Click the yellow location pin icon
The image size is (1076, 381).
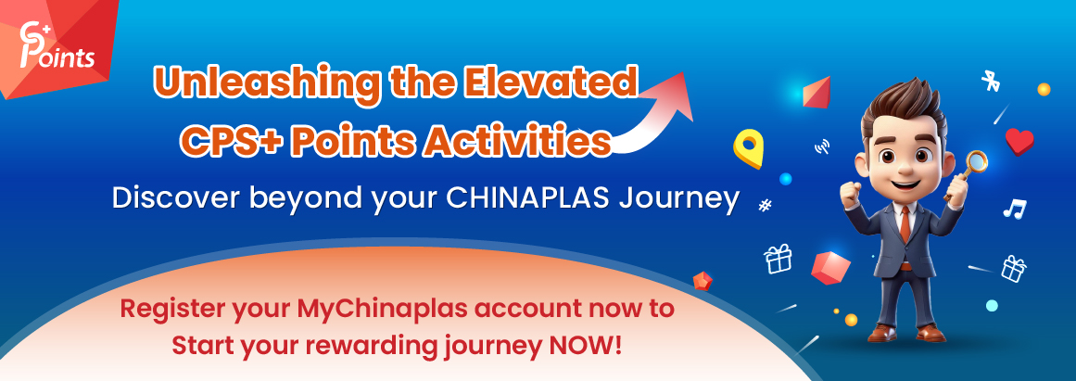pyautogui.click(x=747, y=148)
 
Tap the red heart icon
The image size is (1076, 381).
pyautogui.click(x=1019, y=141)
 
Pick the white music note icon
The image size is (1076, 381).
pyautogui.click(x=1013, y=209)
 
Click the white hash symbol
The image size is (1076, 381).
pyautogui.click(x=765, y=206)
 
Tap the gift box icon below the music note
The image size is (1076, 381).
pyautogui.click(x=1014, y=269)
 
